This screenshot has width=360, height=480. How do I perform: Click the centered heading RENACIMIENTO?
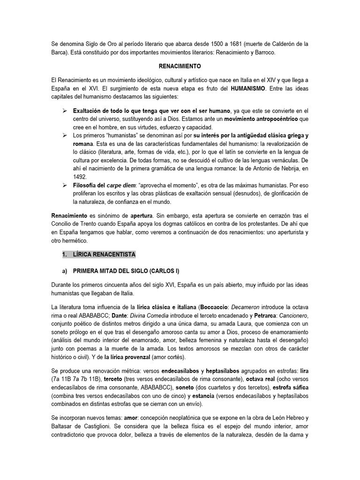[x=180, y=67]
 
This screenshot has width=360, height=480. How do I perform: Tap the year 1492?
[x=79, y=177]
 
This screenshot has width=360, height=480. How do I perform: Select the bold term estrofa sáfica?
[x=291, y=388]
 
